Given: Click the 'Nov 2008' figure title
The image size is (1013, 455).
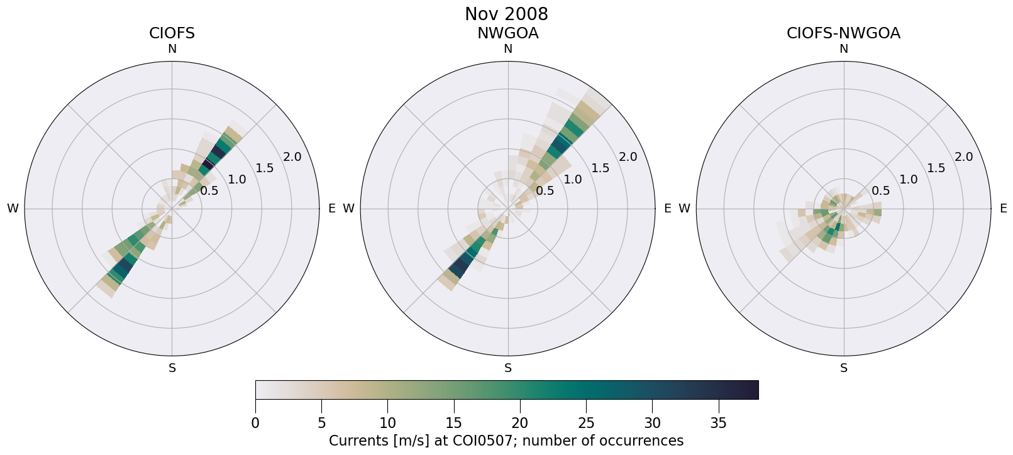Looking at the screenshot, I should tap(506, 14).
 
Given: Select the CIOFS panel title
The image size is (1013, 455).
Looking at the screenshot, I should tap(172, 33).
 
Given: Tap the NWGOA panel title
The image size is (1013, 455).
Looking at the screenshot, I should tap(507, 33).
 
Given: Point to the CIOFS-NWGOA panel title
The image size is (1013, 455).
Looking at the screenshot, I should tap(843, 33).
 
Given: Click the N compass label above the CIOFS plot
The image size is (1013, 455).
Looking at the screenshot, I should tap(172, 49).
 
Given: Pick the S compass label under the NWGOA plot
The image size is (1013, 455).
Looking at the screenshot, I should tap(507, 368).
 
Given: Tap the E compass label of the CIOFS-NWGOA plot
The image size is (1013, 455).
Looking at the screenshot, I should tap(1003, 209).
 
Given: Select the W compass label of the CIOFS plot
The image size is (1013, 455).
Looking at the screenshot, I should tap(13, 209).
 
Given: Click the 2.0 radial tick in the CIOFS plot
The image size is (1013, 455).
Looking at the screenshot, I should tap(292, 157).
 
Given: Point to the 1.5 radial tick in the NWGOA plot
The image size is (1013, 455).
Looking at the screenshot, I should tap(601, 168).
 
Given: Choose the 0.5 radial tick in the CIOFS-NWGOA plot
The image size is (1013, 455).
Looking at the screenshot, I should tap(880, 190).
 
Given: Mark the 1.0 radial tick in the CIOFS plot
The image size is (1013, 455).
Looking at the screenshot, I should tap(237, 180).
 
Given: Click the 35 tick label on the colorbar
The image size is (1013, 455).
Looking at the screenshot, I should tap(718, 424).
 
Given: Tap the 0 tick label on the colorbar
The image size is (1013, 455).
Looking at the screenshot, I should tap(255, 424).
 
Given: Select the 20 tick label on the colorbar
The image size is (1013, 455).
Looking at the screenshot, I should tap(520, 424).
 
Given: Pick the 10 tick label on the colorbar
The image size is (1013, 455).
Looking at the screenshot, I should tap(387, 424).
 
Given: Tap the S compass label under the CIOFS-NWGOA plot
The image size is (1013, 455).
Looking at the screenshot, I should tap(843, 368).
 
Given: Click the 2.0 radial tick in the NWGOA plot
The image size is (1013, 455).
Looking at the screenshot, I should tap(628, 157).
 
